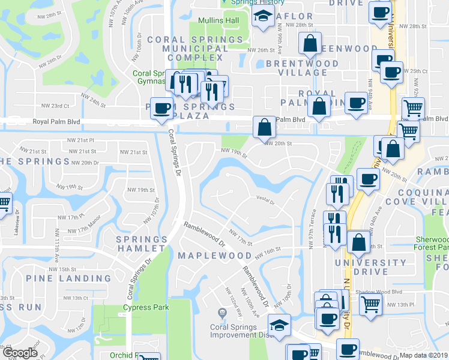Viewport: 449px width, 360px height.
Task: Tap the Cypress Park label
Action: pos(146,308)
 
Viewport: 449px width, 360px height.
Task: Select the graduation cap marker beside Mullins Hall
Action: pos(262,17)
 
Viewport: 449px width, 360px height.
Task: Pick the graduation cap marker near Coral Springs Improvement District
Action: pos(280,325)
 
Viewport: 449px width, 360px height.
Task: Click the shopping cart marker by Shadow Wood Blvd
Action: pos(370,303)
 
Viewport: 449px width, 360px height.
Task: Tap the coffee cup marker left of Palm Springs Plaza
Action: pos(161,109)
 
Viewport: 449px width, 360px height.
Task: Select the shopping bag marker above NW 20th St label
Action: pos(264,127)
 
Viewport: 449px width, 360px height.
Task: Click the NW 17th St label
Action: pos(238,237)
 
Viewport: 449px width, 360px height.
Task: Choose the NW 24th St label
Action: pos(94,100)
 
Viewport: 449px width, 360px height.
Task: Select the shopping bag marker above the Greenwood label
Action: pos(310,43)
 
